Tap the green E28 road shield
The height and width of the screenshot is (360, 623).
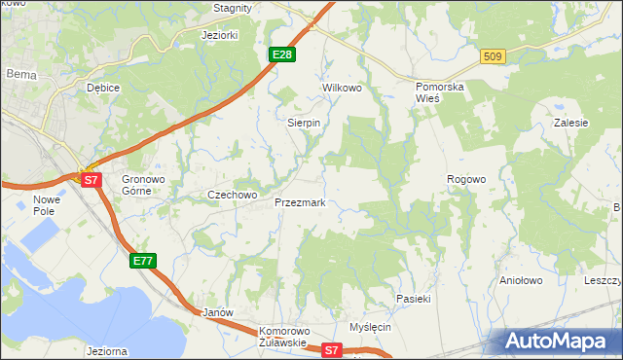tap(281, 54)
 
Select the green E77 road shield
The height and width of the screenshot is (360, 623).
tap(142, 261)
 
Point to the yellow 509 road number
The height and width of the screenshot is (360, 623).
tap(492, 57)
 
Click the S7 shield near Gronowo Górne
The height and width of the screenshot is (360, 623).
tap(91, 180)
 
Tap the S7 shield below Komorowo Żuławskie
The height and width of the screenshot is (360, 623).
tap(332, 350)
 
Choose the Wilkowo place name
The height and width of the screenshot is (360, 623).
tap(342, 88)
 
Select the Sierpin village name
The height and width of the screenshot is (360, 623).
tap(304, 124)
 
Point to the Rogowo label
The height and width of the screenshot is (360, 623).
tap(465, 179)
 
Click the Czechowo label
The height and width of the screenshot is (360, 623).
tap(232, 195)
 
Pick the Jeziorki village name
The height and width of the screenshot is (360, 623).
tap(219, 35)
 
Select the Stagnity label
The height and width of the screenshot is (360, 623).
tap(233, 8)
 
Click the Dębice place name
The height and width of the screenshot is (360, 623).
tap(102, 88)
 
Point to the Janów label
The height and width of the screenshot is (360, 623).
tap(218, 313)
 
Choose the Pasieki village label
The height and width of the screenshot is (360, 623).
tap(413, 299)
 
